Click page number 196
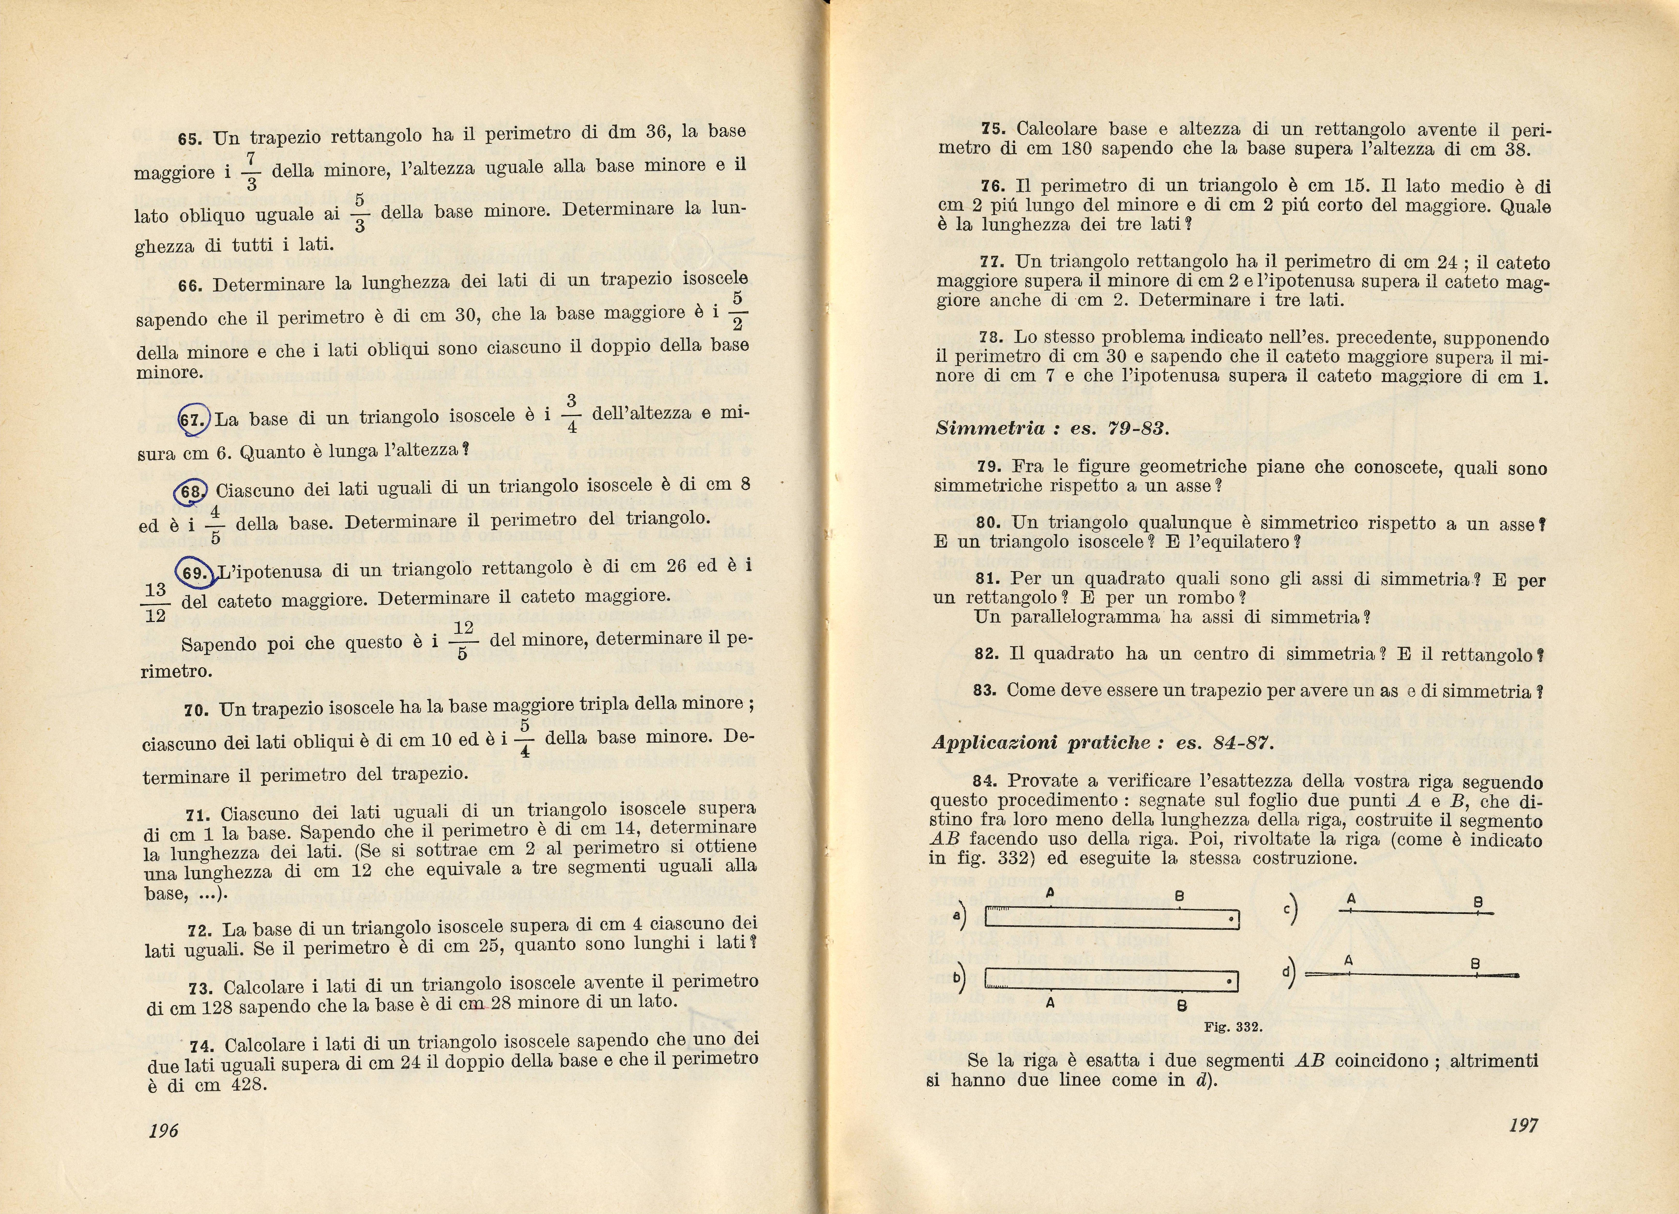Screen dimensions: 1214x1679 pyautogui.click(x=164, y=1130)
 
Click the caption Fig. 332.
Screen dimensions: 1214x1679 pyautogui.click(x=1233, y=1027)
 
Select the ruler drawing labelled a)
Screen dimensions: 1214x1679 pyautogui.click(x=1112, y=919)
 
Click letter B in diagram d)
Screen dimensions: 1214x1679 pyautogui.click(x=1475, y=964)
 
